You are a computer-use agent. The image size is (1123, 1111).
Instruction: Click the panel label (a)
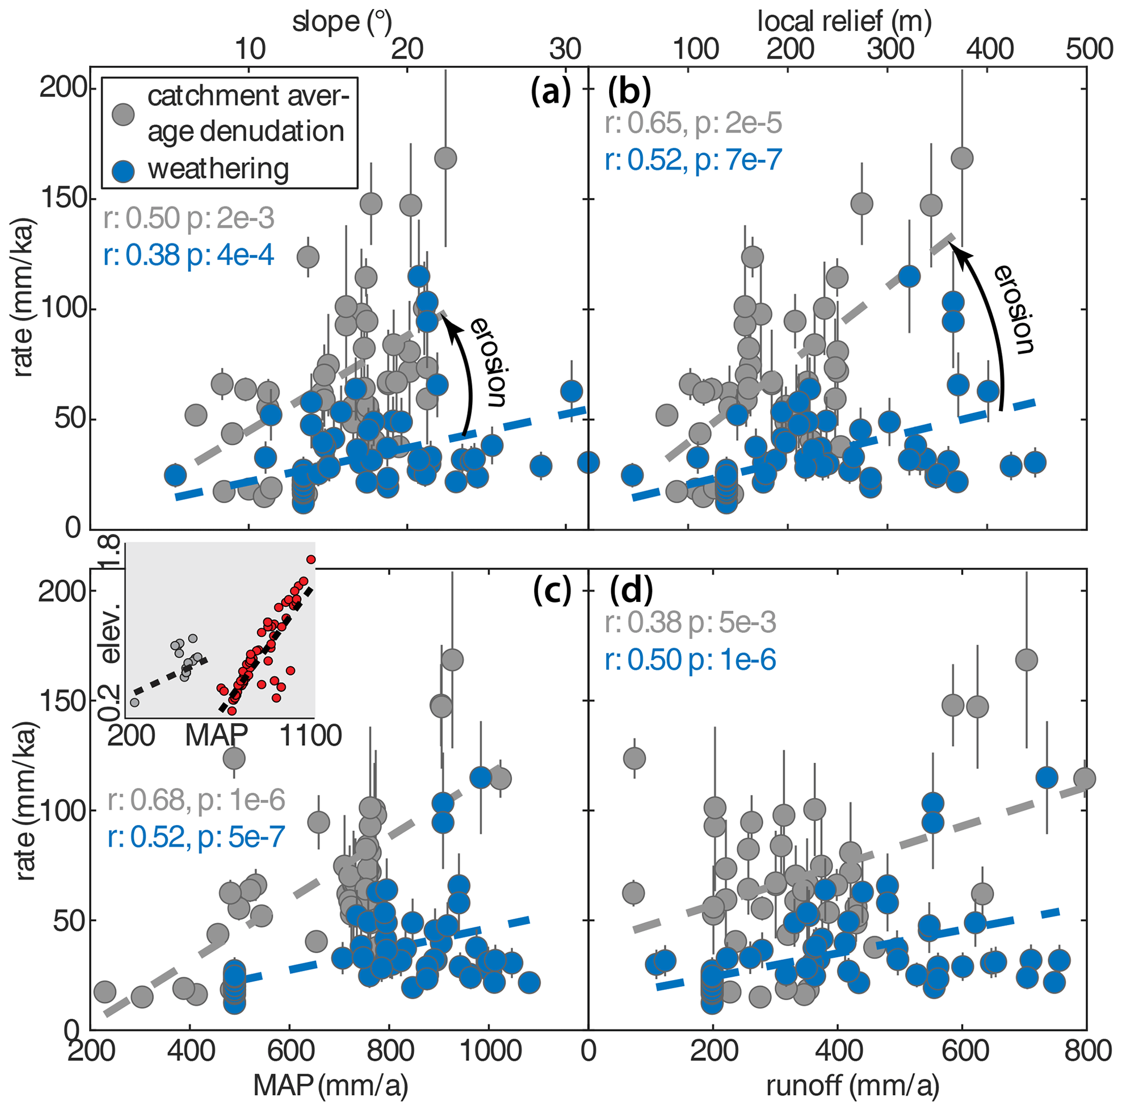tap(550, 92)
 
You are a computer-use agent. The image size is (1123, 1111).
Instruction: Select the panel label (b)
tap(629, 92)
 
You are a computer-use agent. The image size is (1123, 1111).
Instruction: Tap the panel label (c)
tap(550, 591)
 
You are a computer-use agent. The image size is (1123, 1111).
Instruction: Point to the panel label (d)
tap(631, 591)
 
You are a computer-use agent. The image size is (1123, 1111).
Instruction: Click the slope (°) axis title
tap(342, 22)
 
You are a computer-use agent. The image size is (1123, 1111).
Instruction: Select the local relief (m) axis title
tap(845, 22)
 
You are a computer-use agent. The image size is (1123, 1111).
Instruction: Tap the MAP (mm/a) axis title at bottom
tap(330, 1086)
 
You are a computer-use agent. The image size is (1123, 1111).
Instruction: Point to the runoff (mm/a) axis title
tap(852, 1086)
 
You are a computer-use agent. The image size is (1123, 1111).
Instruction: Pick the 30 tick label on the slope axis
tap(565, 50)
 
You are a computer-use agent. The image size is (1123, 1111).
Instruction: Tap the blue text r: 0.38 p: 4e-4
tap(189, 255)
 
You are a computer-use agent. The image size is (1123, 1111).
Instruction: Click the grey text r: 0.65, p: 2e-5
tap(693, 123)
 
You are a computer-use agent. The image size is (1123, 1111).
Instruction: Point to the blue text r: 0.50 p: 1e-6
tap(690, 660)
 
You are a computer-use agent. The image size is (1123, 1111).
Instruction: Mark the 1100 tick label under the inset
tap(310, 736)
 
